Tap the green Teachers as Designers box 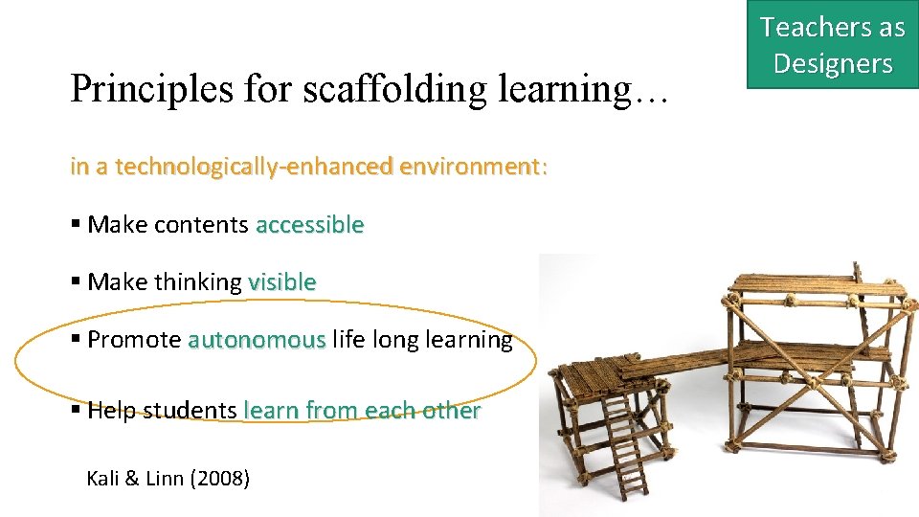tap(832, 45)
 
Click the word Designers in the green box tap(832, 63)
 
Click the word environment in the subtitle tap(470, 167)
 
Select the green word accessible tap(309, 225)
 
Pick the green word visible tap(281, 282)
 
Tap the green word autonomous tap(257, 340)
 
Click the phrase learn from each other tap(362, 411)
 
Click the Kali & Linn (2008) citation tap(168, 478)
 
